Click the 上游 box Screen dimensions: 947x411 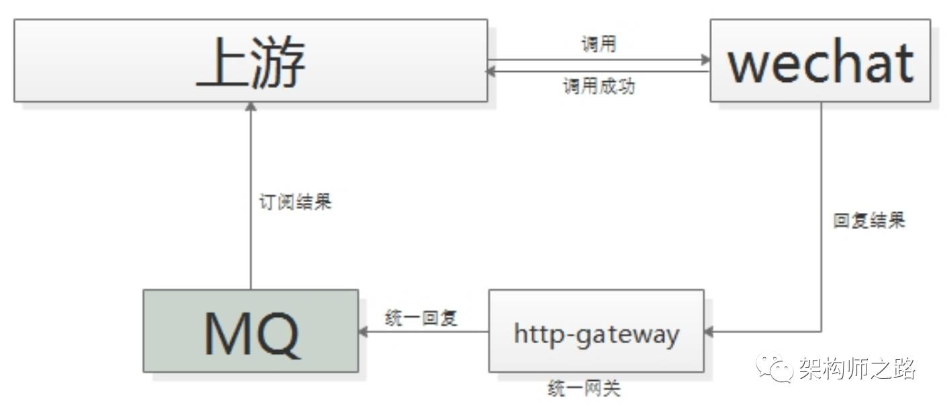[x=250, y=60]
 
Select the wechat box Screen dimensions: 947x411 [x=820, y=60]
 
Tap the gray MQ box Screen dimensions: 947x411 [x=250, y=331]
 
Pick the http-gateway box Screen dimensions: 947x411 [x=596, y=331]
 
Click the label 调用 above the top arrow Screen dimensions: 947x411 [x=598, y=45]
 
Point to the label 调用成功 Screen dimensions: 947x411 [x=598, y=87]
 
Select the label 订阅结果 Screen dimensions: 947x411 [x=295, y=202]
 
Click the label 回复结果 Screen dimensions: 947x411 [x=869, y=221]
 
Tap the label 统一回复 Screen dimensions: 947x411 [x=421, y=318]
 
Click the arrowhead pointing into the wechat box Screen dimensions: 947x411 [x=705, y=60]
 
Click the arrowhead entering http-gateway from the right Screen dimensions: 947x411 [x=709, y=331]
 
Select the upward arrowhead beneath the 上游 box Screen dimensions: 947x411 [x=250, y=107]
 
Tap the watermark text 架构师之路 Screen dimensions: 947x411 [x=856, y=369]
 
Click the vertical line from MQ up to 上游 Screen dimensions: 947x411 [x=250, y=201]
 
